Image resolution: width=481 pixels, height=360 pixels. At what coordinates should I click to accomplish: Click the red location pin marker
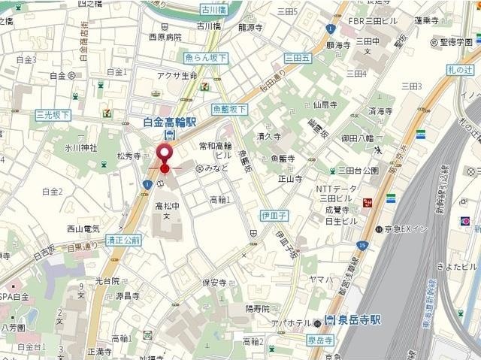coord(165,156)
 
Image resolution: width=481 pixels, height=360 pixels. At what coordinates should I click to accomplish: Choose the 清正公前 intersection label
coord(123,241)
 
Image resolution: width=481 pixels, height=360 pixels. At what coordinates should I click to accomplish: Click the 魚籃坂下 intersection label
coord(229,108)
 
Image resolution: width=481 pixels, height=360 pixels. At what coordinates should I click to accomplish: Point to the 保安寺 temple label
coord(214,283)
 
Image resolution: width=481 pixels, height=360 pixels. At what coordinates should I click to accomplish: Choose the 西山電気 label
coord(83,228)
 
